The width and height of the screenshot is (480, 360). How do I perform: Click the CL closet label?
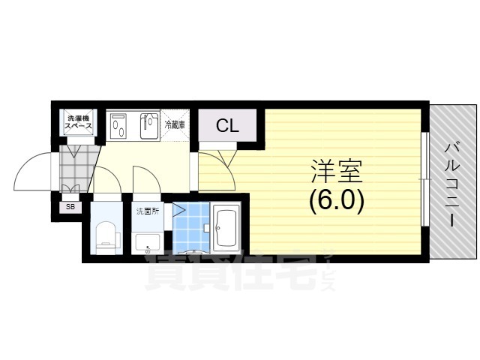(227, 125)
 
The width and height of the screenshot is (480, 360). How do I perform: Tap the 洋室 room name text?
(337, 172)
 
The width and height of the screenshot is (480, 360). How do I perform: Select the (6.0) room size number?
(337, 202)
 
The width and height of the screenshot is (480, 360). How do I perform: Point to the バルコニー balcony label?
(452, 184)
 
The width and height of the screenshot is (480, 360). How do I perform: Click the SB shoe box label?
(70, 207)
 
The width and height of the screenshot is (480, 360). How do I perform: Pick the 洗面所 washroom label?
(148, 211)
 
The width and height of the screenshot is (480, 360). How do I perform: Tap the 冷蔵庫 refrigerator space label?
(175, 124)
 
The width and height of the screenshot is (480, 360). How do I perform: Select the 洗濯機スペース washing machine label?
(78, 121)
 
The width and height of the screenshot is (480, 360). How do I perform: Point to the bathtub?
(226, 228)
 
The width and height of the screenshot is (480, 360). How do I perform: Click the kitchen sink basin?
(149, 126)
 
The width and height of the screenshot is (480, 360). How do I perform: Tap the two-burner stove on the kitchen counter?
(118, 125)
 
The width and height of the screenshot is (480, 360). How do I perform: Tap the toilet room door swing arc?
(112, 175)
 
